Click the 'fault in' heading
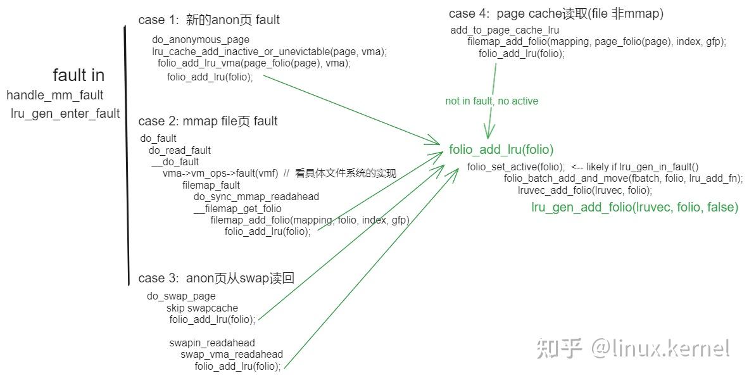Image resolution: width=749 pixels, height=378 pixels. [79, 75]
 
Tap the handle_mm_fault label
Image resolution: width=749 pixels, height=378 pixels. [55, 95]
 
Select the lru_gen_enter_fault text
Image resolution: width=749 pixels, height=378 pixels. [65, 114]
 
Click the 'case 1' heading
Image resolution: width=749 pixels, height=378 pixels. [209, 20]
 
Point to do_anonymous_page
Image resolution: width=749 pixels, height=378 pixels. [201, 40]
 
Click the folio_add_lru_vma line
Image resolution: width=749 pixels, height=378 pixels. [254, 63]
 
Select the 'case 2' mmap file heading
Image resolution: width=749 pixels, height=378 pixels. [208, 121]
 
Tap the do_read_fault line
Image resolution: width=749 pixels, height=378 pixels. [180, 150]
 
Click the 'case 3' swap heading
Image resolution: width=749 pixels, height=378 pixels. [216, 278]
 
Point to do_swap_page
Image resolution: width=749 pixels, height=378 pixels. [181, 296]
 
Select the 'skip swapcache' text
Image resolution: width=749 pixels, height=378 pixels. [202, 308]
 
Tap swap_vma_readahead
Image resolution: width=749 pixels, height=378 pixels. [232, 354]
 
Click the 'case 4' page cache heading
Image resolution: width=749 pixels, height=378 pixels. [556, 14]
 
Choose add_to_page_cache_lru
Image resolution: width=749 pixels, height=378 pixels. [505, 30]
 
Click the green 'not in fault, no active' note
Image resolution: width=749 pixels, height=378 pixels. [491, 101]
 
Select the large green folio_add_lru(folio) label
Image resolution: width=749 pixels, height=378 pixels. [501, 149]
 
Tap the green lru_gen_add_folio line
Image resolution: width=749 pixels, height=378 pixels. [635, 207]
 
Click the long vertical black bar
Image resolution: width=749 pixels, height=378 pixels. [127, 155]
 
